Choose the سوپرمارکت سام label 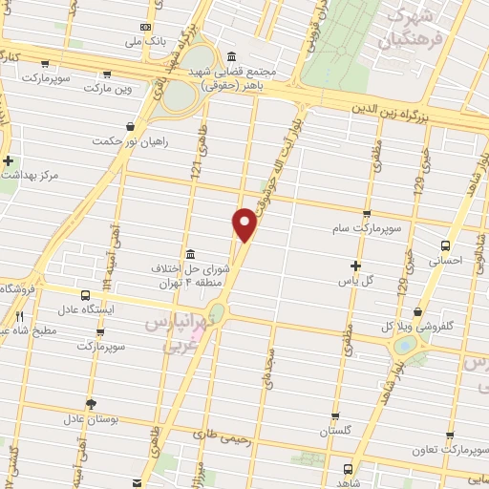366,229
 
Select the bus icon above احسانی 447,244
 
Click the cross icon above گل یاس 356,266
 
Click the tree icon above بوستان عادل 91,403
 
